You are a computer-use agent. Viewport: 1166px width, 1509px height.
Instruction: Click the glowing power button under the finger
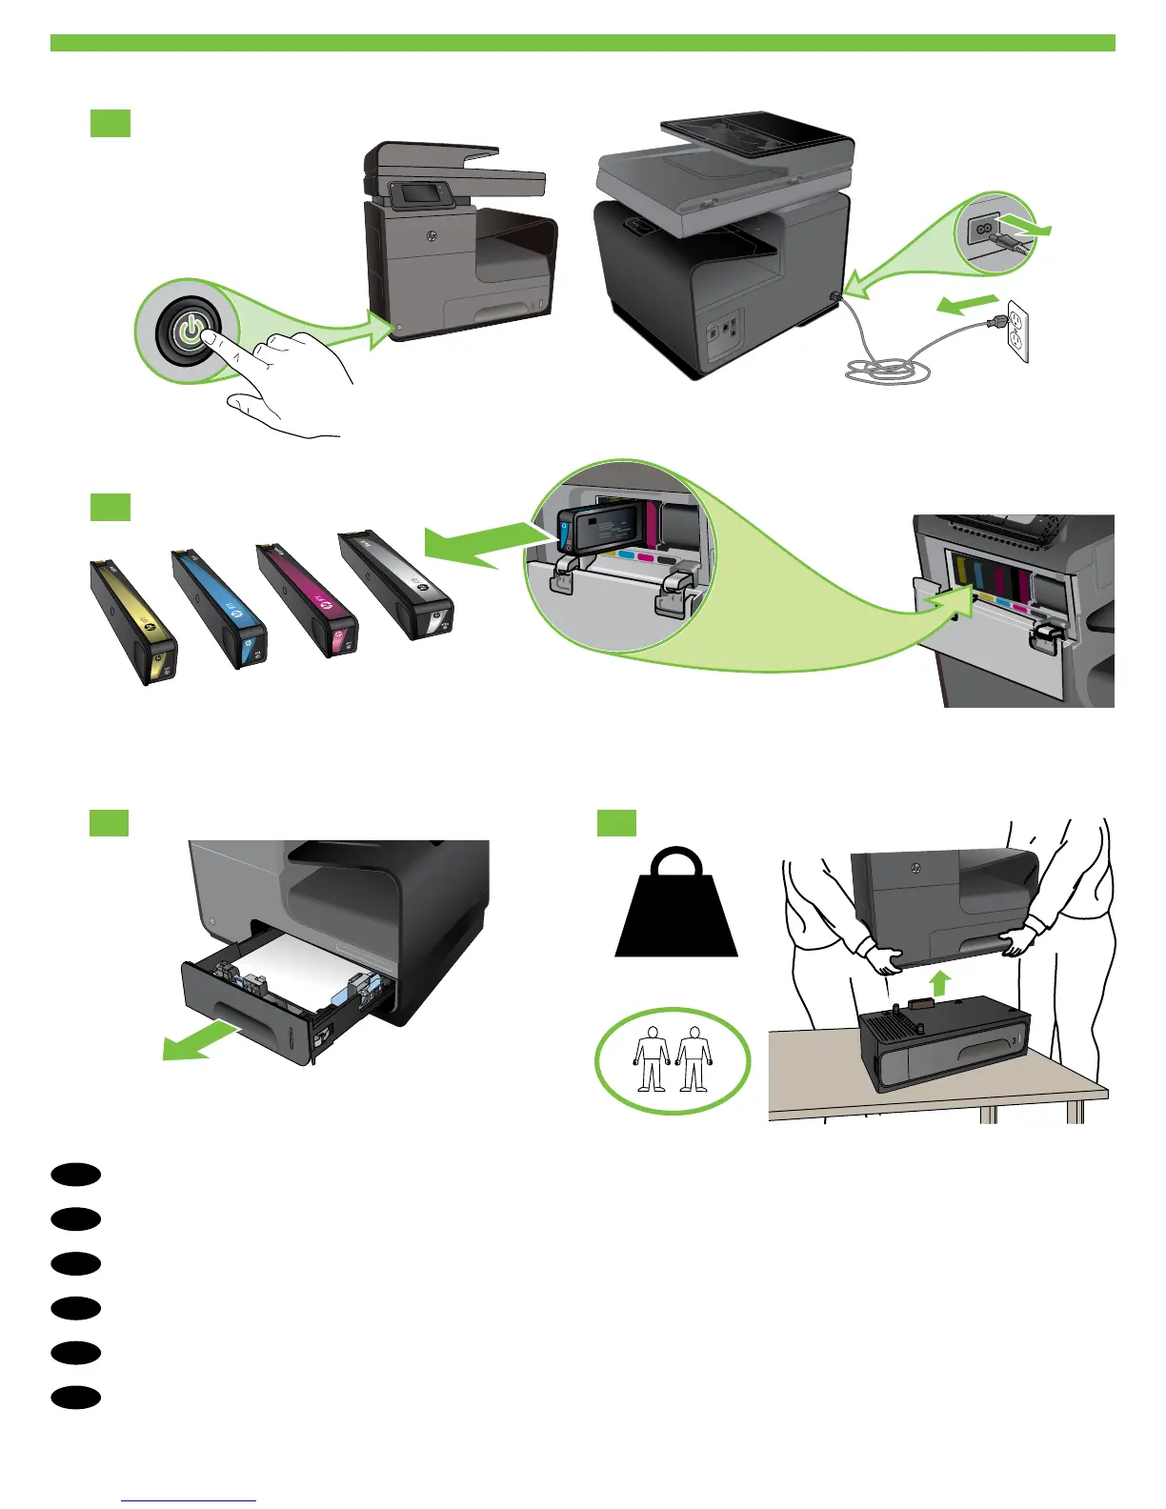(191, 331)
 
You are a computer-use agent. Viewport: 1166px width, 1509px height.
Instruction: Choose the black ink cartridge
(396, 584)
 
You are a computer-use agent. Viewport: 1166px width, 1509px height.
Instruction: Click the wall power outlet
(1016, 333)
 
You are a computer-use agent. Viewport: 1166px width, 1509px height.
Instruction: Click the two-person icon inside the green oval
(673, 1059)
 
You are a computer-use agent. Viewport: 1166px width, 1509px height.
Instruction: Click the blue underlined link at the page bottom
(190, 1500)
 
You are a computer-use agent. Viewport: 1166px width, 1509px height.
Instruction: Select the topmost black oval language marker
(76, 1174)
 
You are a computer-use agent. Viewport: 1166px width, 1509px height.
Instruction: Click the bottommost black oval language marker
(76, 1397)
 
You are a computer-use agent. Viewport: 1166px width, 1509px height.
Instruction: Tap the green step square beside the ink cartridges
(111, 506)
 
